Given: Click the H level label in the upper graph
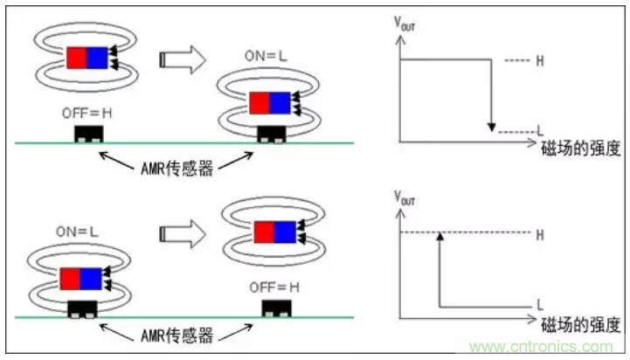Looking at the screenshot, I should pyautogui.click(x=539, y=61).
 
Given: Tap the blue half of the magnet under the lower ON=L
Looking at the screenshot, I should pyautogui.click(x=90, y=279).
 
